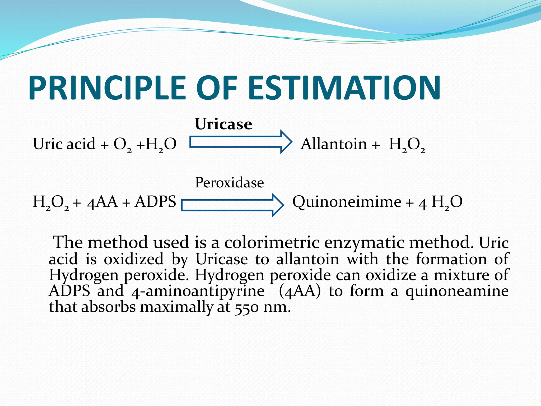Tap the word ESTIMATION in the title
[344, 88]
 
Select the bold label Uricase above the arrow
[223, 124]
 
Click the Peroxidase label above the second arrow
[229, 183]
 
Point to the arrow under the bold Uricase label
[240, 142]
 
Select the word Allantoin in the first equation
[334, 144]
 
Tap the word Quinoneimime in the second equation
[347, 202]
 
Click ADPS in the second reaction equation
[155, 202]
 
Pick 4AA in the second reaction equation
[102, 202]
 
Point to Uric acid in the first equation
[64, 144]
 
